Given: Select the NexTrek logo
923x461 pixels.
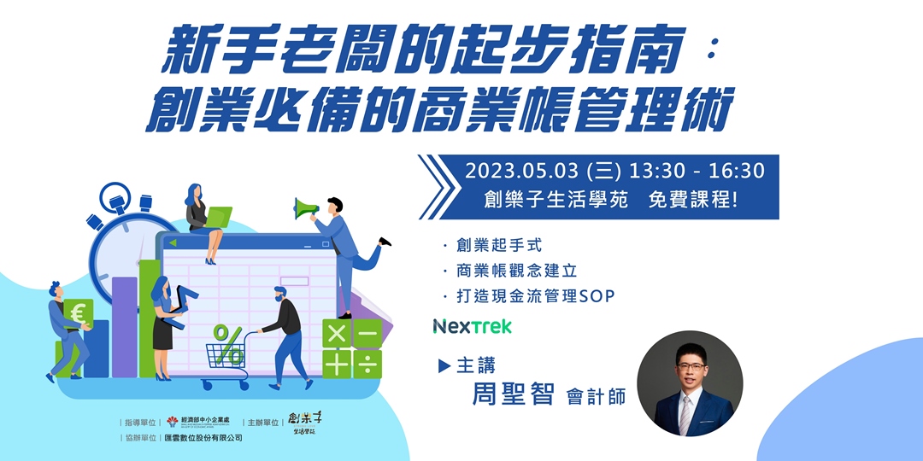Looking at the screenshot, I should [472, 326].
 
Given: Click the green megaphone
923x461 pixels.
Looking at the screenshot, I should [305, 207].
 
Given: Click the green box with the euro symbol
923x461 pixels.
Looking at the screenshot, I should [79, 314].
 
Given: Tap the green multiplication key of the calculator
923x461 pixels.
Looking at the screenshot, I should [337, 334].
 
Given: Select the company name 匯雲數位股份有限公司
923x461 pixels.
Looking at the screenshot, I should [203, 438].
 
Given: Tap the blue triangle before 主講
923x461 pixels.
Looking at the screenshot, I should [444, 365].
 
